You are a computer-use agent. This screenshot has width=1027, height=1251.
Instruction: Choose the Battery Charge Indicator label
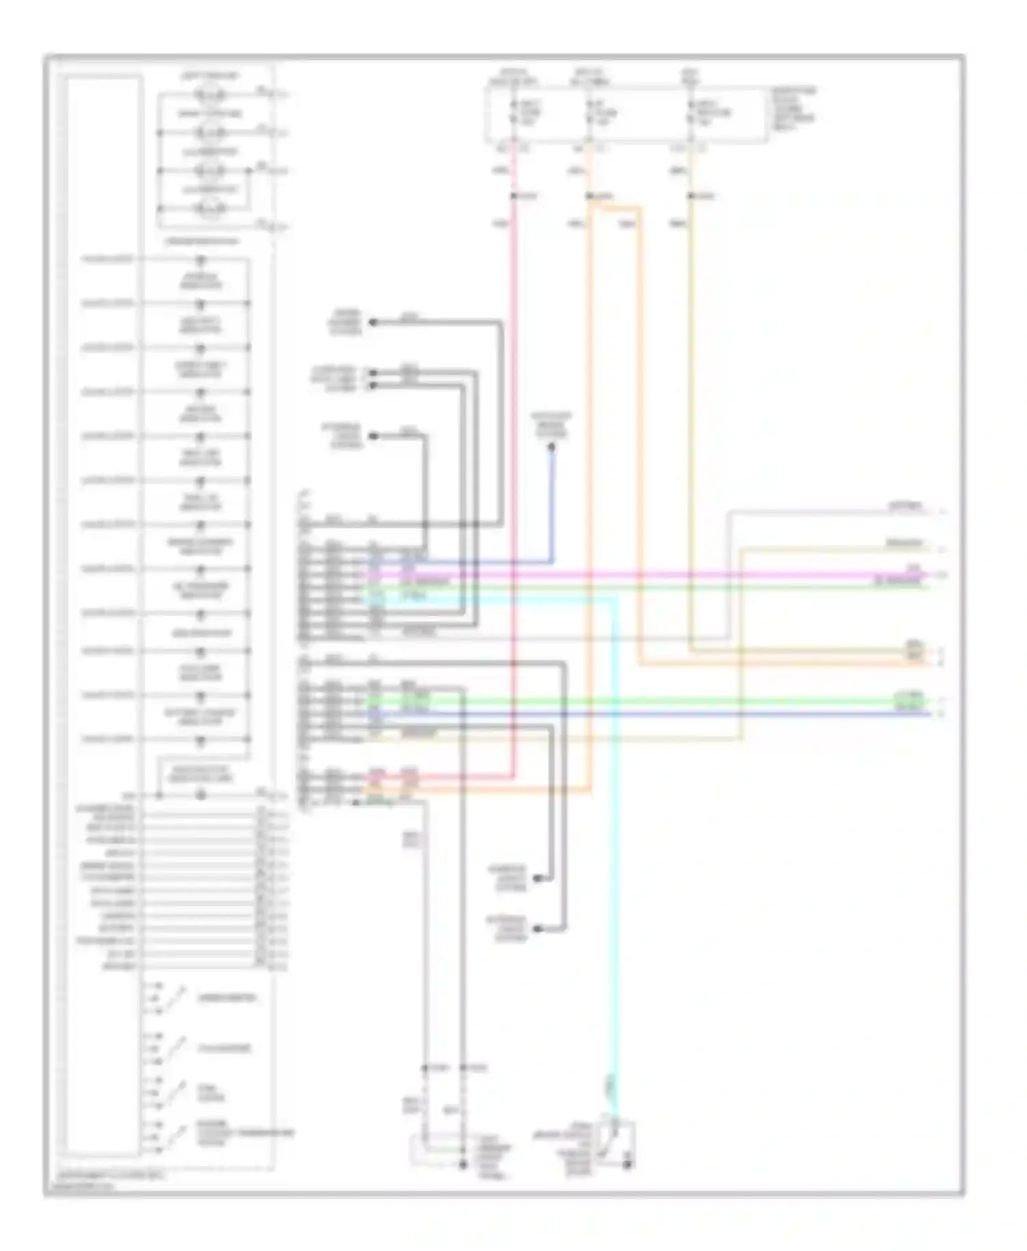199,717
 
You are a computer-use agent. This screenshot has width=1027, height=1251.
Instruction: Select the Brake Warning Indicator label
200,547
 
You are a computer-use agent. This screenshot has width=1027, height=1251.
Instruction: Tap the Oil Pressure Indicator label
200,591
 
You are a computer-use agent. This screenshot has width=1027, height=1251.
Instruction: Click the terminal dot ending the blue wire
551,447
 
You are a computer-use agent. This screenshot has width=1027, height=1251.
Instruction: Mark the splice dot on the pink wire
513,197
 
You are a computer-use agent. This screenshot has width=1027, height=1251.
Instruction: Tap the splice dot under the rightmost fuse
692,197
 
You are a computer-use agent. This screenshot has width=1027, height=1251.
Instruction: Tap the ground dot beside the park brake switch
628,1163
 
